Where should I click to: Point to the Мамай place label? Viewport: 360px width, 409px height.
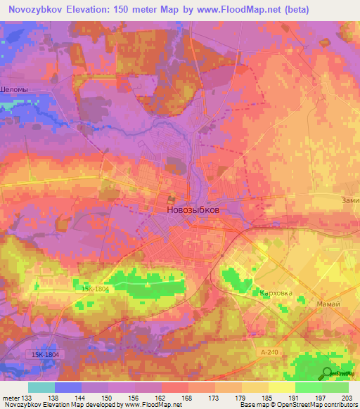click(328, 304)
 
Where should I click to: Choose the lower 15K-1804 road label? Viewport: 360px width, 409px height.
click(45, 354)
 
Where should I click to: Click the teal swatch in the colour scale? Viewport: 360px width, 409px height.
click(41, 387)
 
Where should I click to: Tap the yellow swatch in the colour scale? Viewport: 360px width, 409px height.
click(282, 387)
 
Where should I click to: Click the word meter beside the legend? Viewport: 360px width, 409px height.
click(10, 398)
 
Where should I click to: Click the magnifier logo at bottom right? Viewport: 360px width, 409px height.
click(327, 374)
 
